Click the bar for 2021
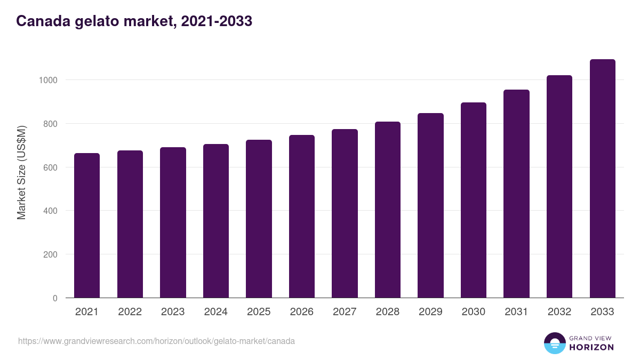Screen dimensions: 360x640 (87, 226)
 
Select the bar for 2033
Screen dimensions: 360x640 (602, 179)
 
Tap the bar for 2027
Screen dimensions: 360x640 (345, 213)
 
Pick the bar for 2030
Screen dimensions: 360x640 (474, 200)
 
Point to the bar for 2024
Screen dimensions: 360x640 (216, 221)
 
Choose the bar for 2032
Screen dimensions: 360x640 (559, 187)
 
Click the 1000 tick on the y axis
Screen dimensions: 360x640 (47, 80)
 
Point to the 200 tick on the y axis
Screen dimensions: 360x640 (50, 254)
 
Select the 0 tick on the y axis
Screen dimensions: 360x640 (54, 298)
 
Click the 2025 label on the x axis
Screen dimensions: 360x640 (259, 312)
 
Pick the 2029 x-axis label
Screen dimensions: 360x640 (430, 312)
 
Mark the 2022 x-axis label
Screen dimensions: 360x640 (130, 312)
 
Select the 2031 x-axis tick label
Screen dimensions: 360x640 (516, 312)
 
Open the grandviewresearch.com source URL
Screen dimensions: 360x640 (156, 341)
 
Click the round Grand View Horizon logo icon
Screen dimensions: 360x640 (555, 343)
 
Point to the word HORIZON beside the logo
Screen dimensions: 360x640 (591, 347)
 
